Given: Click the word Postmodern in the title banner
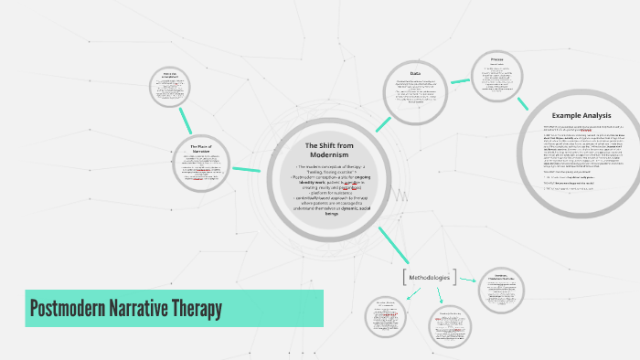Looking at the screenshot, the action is (63, 309).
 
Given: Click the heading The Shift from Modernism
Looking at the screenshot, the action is (324, 150).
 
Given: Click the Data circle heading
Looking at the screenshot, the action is (415, 73).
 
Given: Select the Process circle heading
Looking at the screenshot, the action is (496, 60).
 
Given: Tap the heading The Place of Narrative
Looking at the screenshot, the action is (201, 149).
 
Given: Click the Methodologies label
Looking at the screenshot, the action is (430, 275).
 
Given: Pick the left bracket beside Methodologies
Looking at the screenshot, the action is (404, 275).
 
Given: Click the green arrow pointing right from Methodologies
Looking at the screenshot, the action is (467, 280).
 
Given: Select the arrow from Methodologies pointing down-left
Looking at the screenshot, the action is (413, 292).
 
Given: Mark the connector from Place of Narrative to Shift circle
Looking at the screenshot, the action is (246, 169).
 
